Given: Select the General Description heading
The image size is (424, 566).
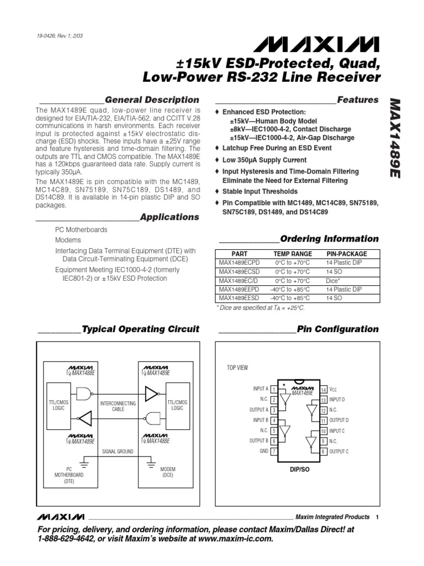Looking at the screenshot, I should (152, 100).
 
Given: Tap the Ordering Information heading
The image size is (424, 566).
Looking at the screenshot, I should (330, 239).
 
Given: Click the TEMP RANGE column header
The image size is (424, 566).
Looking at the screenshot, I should (289, 254).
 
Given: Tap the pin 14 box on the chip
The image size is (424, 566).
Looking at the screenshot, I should (324, 389).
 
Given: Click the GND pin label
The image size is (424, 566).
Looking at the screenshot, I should (264, 450).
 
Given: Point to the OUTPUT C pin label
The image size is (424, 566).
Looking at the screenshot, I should (339, 451).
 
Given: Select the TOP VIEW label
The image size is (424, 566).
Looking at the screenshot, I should (238, 368).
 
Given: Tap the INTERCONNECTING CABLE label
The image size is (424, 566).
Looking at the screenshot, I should (118, 407).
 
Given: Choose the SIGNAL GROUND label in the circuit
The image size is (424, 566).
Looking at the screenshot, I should (118, 451).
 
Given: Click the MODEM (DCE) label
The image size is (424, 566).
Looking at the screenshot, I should (168, 472).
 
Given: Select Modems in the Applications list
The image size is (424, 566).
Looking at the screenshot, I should (68, 240).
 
